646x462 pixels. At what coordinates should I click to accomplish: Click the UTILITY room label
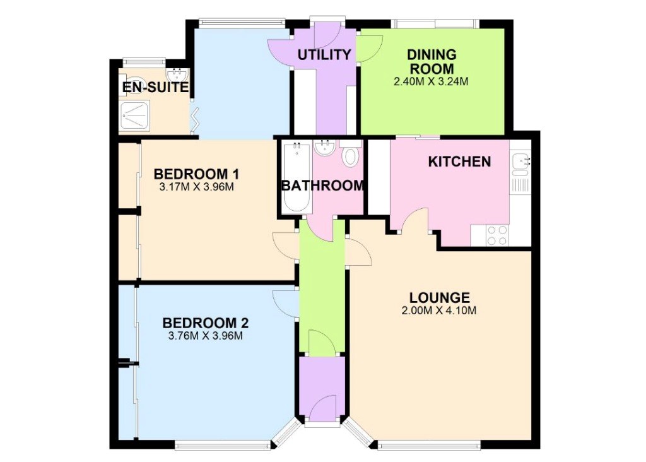tap(324, 54)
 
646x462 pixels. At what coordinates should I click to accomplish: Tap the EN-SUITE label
tap(155, 87)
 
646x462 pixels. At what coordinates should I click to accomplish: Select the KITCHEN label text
tap(459, 162)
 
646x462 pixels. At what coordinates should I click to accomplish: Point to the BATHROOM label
tap(322, 186)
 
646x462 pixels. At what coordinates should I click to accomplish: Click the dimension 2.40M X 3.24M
tap(431, 81)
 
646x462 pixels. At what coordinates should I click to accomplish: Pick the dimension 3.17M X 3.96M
tap(197, 187)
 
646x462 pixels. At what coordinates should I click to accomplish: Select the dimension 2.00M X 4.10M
tap(439, 311)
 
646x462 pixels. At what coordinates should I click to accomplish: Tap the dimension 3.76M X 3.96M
tap(205, 336)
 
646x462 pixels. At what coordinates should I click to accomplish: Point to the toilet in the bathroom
tap(351, 154)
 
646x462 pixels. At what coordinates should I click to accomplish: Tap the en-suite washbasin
tap(177, 74)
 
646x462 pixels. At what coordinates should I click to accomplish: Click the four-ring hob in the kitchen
tap(497, 235)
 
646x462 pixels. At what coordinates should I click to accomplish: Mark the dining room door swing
tap(370, 49)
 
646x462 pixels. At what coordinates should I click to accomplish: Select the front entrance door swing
tap(322, 408)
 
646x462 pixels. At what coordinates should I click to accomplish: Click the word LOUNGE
tap(439, 297)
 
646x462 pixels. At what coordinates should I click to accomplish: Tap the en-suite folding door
tap(196, 119)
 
